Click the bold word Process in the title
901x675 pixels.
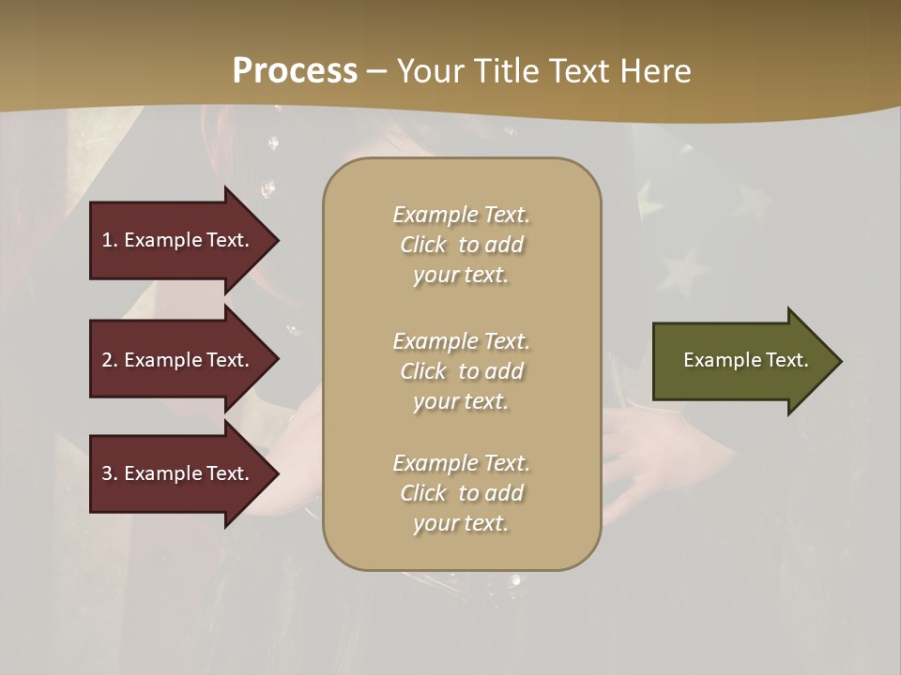coord(295,71)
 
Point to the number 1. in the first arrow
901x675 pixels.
coord(110,240)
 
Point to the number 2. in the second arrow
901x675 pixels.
coord(110,360)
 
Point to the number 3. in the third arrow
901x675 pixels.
coord(110,473)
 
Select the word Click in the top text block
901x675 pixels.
coord(423,245)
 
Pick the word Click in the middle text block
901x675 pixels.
coord(423,371)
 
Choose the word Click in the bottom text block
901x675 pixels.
coord(423,493)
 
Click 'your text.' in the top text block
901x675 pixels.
coord(461,276)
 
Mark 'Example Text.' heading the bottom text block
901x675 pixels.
coord(461,463)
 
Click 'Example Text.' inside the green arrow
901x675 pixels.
coord(746,360)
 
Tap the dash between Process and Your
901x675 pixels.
coord(376,72)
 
